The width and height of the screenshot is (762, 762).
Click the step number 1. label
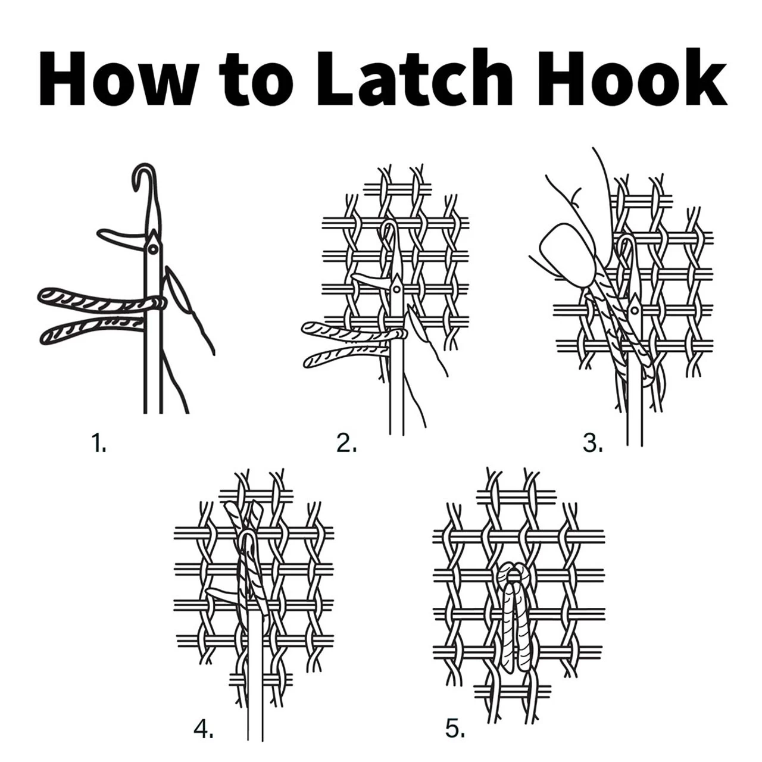pyautogui.click(x=99, y=443)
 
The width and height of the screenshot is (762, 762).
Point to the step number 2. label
pyautogui.click(x=346, y=443)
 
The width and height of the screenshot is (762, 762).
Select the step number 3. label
pyautogui.click(x=592, y=443)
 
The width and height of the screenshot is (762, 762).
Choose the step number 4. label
pyautogui.click(x=204, y=729)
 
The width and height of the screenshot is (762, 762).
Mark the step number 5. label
pyautogui.click(x=455, y=729)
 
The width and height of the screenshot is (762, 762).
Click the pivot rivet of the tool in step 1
pyautogui.click(x=153, y=248)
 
